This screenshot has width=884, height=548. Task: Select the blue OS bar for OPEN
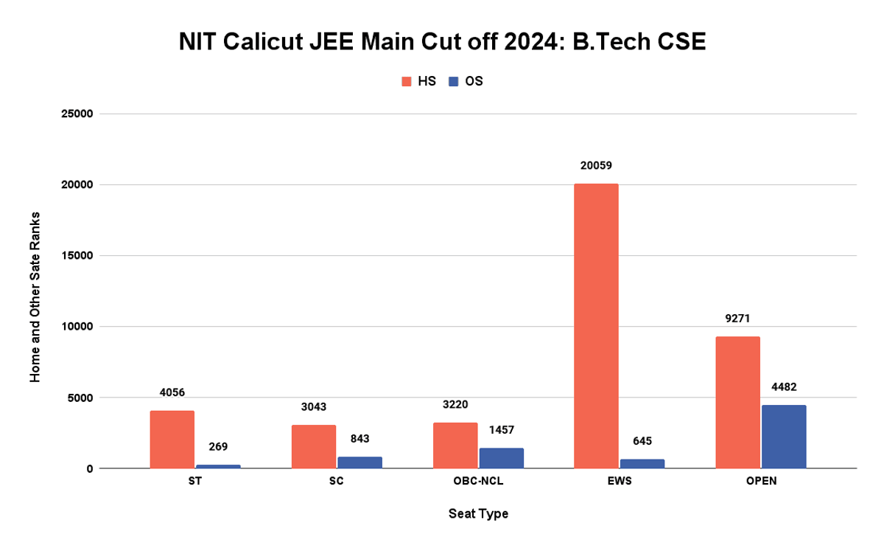pyautogui.click(x=784, y=437)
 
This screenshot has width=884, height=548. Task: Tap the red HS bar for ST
pyautogui.click(x=172, y=440)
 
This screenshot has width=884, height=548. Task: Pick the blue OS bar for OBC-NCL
pyautogui.click(x=501, y=458)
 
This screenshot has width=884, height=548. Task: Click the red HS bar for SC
pyautogui.click(x=313, y=447)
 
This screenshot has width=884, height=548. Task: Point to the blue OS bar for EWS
pyautogui.click(x=642, y=464)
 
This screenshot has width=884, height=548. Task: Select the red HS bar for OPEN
pyautogui.click(x=737, y=403)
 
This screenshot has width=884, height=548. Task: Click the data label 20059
pyautogui.click(x=596, y=166)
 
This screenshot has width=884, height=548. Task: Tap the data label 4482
pyautogui.click(x=784, y=386)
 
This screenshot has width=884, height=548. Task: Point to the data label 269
pyautogui.click(x=218, y=446)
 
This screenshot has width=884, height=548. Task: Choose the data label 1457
pyautogui.click(x=501, y=430)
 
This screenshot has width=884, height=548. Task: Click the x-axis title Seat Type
pyautogui.click(x=478, y=514)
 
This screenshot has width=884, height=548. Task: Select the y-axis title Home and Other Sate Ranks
pyautogui.click(x=35, y=296)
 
